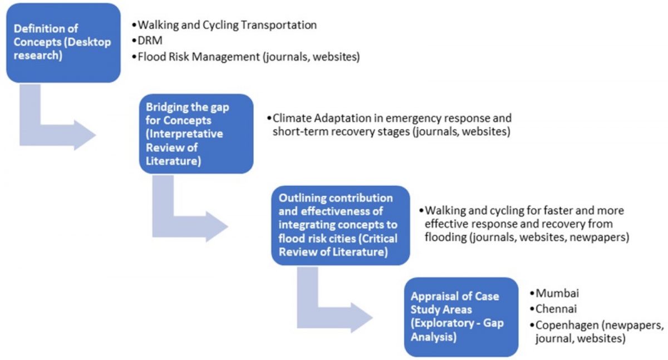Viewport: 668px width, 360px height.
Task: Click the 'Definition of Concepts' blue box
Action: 63,43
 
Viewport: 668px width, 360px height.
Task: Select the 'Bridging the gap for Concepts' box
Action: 196,134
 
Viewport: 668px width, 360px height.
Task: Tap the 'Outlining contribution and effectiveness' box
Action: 341,225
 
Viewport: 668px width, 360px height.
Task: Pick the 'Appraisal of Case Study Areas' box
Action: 461,317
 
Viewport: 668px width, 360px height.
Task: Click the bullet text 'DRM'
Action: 150,40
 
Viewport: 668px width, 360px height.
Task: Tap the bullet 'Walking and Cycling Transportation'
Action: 227,25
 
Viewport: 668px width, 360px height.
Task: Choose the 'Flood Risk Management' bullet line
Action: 249,57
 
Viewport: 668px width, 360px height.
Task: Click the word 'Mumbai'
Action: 557,293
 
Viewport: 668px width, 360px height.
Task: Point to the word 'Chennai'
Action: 556,309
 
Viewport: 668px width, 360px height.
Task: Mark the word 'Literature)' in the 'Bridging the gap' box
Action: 173,161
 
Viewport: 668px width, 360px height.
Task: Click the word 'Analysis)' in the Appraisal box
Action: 433,337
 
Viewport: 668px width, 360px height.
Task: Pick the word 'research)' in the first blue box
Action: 38,56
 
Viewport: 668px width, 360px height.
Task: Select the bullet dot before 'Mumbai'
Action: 532,294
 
